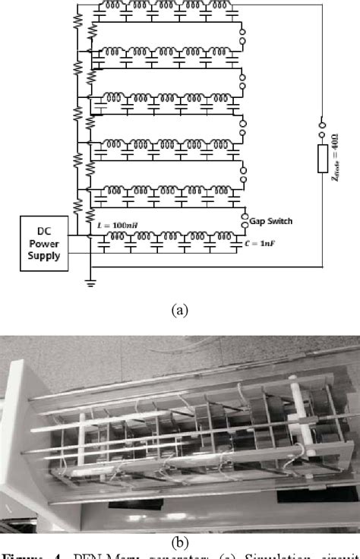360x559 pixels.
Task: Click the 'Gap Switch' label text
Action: click(x=268, y=220)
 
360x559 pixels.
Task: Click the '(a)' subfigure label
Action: click(x=179, y=309)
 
